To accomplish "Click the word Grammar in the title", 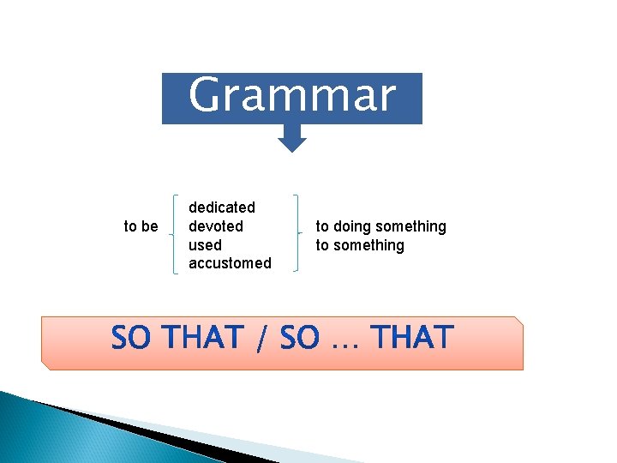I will pyautogui.click(x=291, y=95).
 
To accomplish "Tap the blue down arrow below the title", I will pyautogui.click(x=292, y=138).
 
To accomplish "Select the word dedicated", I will pyautogui.click(x=222, y=207).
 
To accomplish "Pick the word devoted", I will pyautogui.click(x=216, y=226).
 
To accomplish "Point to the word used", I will pyautogui.click(x=205, y=245).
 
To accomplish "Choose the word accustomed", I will pyautogui.click(x=230, y=263).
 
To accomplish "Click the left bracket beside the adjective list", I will pyautogui.click(x=176, y=232).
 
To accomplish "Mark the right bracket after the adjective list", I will pyautogui.click(x=297, y=232).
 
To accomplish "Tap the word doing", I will pyautogui.click(x=350, y=226).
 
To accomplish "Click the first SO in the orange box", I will pyautogui.click(x=129, y=339).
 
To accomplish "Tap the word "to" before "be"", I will pyautogui.click(x=130, y=226).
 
